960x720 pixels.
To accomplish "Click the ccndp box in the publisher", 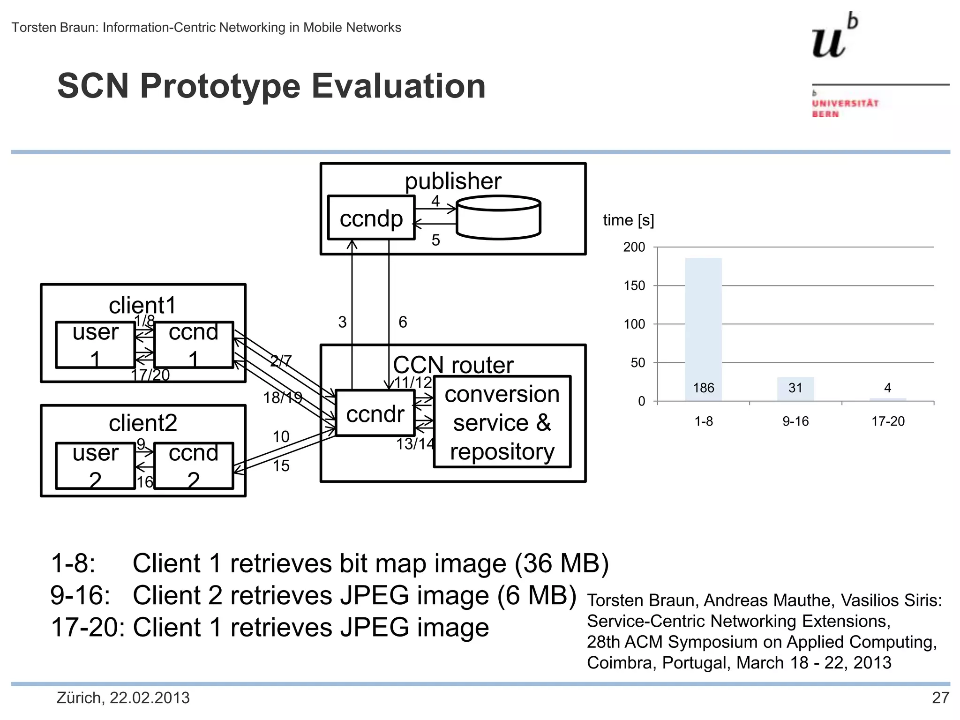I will [x=371, y=218].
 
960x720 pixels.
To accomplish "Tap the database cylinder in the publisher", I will [x=498, y=218].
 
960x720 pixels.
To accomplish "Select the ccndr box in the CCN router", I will [x=375, y=413].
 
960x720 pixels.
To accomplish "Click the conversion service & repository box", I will [x=502, y=422].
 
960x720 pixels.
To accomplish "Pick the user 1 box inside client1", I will [x=95, y=345].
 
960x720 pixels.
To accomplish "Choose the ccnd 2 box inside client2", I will [x=194, y=466].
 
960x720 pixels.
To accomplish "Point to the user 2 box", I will [x=95, y=466].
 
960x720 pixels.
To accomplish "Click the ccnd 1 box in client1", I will [x=194, y=345].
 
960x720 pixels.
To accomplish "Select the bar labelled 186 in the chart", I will [x=703, y=328].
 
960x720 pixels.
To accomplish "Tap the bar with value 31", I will [x=795, y=389].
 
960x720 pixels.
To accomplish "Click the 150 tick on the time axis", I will [x=634, y=285].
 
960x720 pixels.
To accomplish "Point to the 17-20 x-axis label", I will [x=887, y=421].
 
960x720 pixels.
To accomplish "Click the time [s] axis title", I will [x=628, y=220].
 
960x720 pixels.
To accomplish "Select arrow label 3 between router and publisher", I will [x=342, y=322].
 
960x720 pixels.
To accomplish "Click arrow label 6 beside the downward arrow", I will [x=403, y=322].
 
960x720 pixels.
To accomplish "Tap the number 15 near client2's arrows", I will [x=281, y=466].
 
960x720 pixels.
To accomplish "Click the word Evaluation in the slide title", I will [x=398, y=86].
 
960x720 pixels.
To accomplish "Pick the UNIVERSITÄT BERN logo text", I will [x=845, y=108].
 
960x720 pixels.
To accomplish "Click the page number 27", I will [x=940, y=698].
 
